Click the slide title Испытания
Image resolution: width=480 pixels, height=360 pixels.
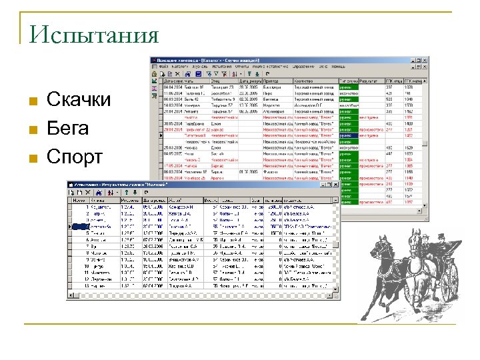(94, 34)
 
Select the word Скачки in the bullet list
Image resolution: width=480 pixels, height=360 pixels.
(79, 101)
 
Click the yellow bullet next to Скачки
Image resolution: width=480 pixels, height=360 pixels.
(32, 102)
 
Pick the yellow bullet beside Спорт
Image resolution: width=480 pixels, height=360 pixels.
(32, 158)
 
